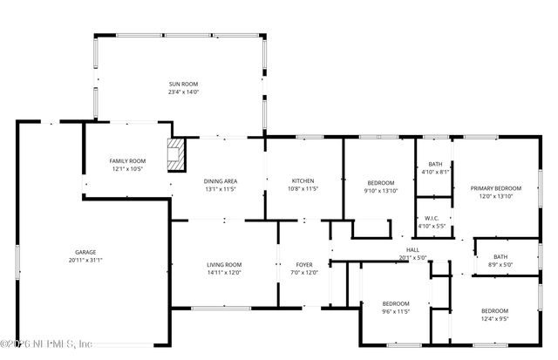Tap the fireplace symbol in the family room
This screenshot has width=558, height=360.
pyautogui.click(x=178, y=154)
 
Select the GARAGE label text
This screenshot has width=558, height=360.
pyautogui.click(x=85, y=252)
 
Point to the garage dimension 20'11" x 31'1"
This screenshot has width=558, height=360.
pyautogui.click(x=85, y=260)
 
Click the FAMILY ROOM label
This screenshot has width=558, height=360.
pyautogui.click(x=127, y=161)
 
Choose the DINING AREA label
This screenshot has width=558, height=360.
pyautogui.click(x=221, y=181)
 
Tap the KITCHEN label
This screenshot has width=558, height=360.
pyautogui.click(x=303, y=180)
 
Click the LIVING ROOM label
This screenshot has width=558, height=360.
pyautogui.click(x=224, y=264)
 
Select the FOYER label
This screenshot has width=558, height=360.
pyautogui.click(x=304, y=264)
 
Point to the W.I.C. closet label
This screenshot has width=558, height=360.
pyautogui.click(x=432, y=218)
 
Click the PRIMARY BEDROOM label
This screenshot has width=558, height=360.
pyautogui.click(x=496, y=188)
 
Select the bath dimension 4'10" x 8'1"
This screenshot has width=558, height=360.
pyautogui.click(x=434, y=172)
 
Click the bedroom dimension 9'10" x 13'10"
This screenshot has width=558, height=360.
pyautogui.click(x=380, y=190)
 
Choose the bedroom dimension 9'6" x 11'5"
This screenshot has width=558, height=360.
pyautogui.click(x=395, y=311)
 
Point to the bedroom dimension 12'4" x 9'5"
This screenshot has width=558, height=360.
pyautogui.click(x=494, y=319)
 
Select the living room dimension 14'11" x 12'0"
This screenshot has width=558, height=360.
pyautogui.click(x=224, y=272)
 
